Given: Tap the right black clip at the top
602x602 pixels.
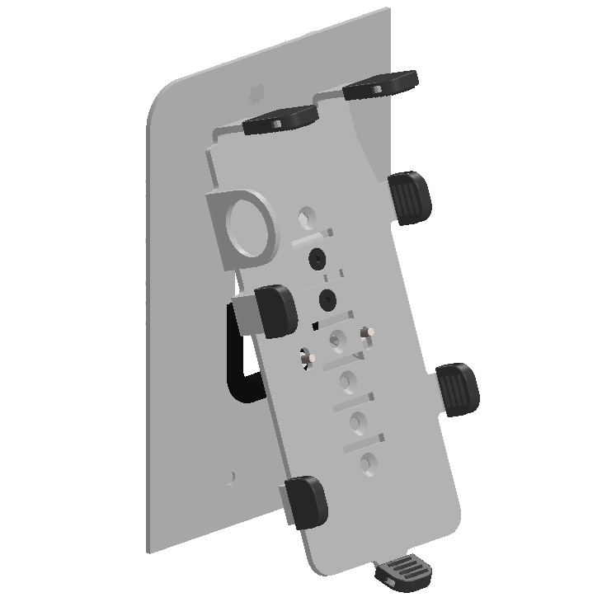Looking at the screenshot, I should click(382, 85).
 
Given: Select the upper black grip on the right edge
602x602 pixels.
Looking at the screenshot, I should click(410, 197).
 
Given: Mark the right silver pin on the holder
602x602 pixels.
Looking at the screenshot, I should click(369, 332).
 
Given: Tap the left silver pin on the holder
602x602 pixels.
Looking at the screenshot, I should click(310, 358).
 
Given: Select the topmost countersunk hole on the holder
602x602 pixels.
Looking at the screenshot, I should click(307, 217).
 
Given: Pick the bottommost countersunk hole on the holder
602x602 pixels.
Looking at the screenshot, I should click(369, 464).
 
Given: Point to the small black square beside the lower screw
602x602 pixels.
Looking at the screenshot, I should click(316, 322).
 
